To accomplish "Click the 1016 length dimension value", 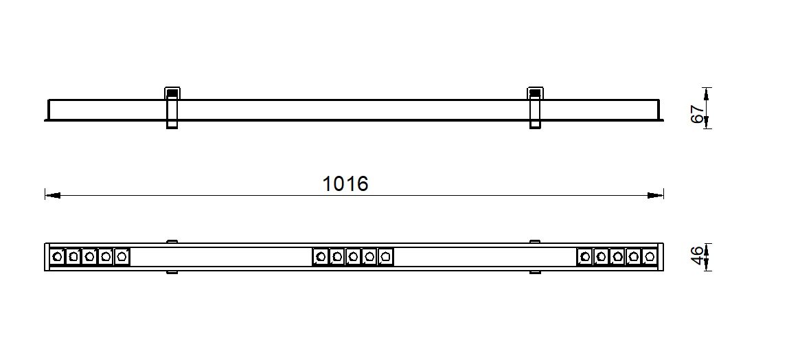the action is click(345, 183).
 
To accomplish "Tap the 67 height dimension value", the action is click(698, 114).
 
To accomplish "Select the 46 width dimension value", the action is click(698, 256).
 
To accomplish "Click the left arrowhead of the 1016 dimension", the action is click(53, 195).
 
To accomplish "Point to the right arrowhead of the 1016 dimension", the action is click(656, 195).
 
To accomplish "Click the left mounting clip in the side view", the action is click(172, 108).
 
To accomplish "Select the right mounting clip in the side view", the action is click(536, 108).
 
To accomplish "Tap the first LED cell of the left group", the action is click(58, 257).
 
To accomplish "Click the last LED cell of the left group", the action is click(122, 257).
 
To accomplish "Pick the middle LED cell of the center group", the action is click(353, 257).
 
